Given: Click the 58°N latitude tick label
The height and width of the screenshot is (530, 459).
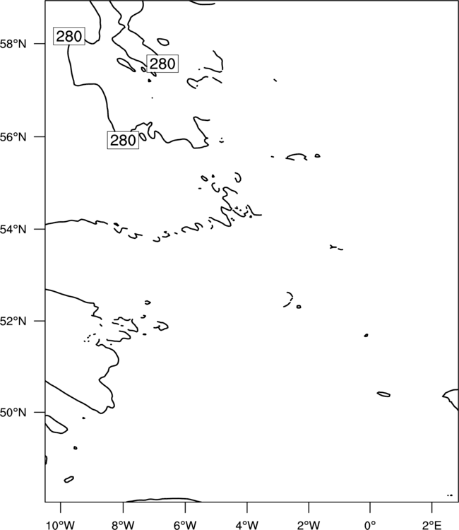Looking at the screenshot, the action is [13, 44].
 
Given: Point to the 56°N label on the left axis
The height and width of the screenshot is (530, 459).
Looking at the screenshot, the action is [13, 137].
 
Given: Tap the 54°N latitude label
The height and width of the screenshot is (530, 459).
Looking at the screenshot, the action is [13, 230].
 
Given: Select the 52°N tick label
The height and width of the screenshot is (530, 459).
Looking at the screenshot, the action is [13, 321].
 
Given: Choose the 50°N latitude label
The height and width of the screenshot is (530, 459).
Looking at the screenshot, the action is [13, 413].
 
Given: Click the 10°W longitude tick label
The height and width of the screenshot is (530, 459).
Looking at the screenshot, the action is [61, 525].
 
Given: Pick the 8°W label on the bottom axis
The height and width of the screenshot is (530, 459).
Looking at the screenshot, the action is [123, 525].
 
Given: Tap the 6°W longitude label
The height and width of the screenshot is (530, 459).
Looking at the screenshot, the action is [185, 525].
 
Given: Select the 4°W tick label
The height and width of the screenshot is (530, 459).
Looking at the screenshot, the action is [247, 525].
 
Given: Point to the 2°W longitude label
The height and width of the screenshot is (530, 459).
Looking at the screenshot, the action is [309, 525].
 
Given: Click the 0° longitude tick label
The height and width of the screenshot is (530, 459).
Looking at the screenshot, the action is [370, 525].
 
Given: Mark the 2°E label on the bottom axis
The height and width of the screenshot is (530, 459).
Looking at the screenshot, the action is [432, 525].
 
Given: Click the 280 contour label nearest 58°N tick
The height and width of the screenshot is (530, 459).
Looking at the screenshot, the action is [69, 36].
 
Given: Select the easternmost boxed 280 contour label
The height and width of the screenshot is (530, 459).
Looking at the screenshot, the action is [162, 64].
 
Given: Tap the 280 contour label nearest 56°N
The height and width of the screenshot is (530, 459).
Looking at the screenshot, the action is [124, 140].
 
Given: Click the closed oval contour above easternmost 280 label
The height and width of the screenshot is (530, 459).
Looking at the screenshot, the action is [163, 42].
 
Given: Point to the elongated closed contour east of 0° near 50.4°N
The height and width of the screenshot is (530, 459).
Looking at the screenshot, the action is [383, 394].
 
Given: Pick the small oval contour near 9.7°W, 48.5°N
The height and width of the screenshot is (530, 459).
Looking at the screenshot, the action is [69, 479].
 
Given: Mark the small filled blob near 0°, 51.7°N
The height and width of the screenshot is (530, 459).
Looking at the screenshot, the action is [366, 335].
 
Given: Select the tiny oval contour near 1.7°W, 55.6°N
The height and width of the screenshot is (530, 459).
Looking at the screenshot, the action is [317, 156].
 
